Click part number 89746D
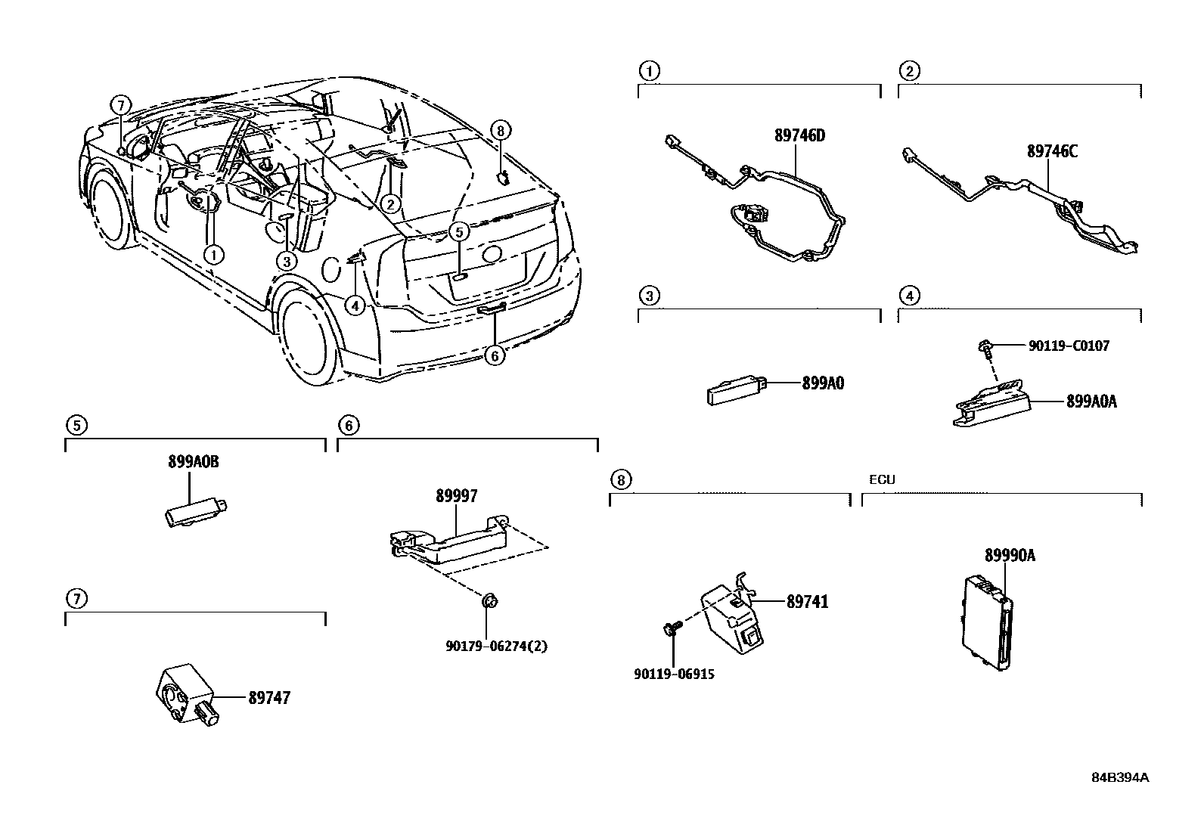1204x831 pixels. coord(799,136)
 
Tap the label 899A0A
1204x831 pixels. coord(1091,402)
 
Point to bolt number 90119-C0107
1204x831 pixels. coord(1069,346)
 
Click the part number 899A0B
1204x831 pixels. coord(193,462)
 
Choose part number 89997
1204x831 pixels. coord(456,496)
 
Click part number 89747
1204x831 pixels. coord(268,698)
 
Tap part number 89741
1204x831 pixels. coord(807,602)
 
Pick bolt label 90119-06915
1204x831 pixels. coord(674,674)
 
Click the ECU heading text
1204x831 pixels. coord(882,480)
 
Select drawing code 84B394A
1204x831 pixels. coord(1119,777)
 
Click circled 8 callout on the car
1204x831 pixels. coord(500,130)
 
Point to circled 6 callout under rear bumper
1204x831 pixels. coord(493,355)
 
